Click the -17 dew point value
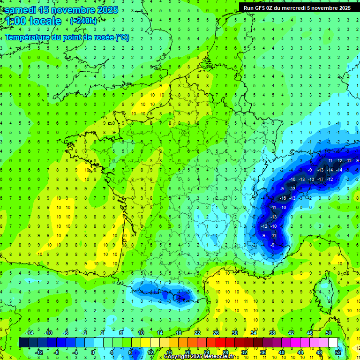[320, 179]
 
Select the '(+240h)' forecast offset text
[83, 21]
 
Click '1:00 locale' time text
[33, 21]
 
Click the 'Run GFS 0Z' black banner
[297, 8]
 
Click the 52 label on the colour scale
[338, 352]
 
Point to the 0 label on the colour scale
[93, 352]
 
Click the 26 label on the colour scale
[216, 333]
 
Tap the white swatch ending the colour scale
[333, 343]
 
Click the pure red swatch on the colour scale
[220, 343]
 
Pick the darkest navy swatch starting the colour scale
[23, 343]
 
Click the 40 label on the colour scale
[281, 352]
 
